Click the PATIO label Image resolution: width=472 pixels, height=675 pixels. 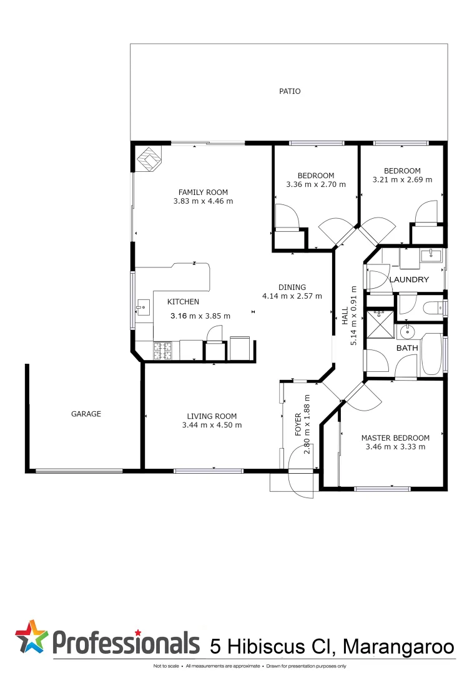[289, 91]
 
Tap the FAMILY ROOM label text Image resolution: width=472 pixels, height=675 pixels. [203, 192]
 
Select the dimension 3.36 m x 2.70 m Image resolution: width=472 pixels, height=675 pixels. [315, 185]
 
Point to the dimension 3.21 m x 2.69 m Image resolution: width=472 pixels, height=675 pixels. [402, 180]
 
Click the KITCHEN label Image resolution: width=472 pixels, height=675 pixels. [183, 302]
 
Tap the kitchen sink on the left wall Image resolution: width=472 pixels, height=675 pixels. [143, 307]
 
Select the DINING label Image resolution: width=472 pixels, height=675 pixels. [292, 287]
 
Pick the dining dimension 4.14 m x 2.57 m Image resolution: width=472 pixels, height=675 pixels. [292, 296]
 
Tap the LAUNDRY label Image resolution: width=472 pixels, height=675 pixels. [409, 280]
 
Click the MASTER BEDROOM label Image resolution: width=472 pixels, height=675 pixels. [395, 438]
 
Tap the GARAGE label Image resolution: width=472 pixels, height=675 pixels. [86, 414]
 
